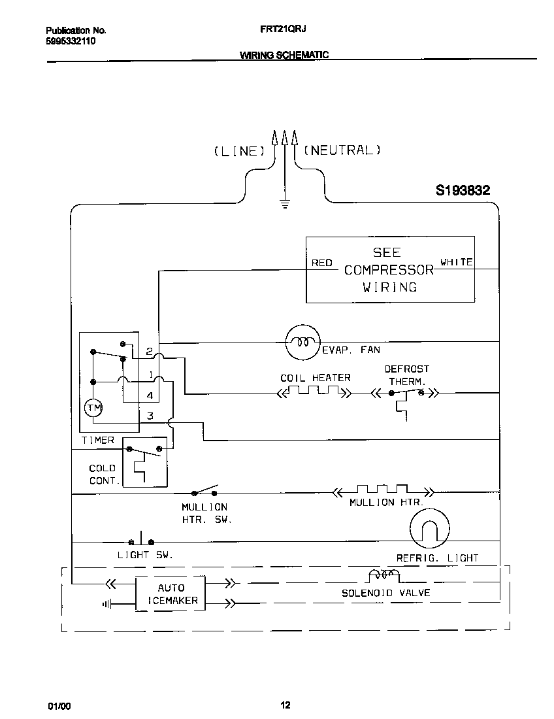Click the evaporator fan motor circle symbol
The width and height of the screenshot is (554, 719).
pos(302,341)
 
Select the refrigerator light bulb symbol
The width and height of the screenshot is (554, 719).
pos(429,527)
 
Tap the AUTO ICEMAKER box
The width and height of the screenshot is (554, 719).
pos(170,594)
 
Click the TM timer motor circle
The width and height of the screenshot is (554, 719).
pos(93,409)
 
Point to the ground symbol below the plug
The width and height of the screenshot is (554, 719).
pos(284,203)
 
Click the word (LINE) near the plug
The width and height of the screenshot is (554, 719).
pos(239,151)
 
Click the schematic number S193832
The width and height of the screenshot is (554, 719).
pos(463,191)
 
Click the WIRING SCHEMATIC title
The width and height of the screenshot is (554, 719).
pos(284,56)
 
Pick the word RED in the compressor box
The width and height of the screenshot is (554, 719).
pos(321,263)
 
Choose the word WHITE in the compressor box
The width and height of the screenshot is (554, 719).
pos(456,262)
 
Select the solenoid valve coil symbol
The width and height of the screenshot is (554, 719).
pos(383,575)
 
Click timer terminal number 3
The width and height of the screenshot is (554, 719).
pos(150,416)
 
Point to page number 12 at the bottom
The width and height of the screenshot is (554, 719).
pos(285,705)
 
